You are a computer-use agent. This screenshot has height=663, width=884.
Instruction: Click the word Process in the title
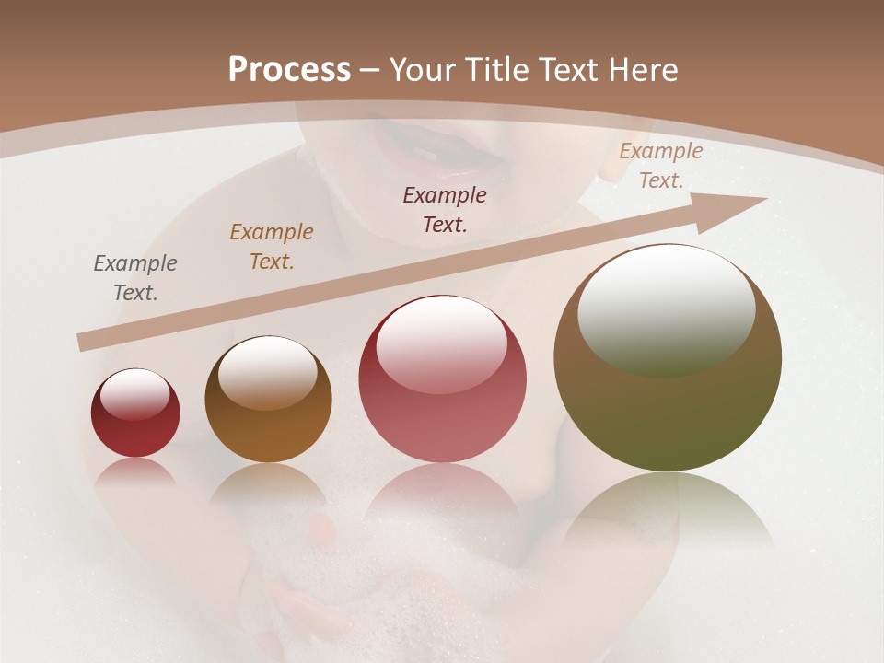(x=289, y=70)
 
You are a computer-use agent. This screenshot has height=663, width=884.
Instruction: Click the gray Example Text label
(x=135, y=278)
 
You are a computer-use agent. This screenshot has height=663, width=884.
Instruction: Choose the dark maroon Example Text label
(x=445, y=209)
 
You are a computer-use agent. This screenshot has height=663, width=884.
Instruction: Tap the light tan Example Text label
(x=660, y=166)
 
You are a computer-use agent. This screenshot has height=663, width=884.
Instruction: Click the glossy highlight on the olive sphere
(x=666, y=308)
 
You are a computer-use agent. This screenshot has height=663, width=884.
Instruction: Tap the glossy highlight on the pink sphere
(x=442, y=343)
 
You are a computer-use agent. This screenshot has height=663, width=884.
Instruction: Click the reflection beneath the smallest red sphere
(x=135, y=472)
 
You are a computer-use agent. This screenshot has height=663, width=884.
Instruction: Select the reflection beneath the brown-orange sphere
(x=268, y=483)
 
